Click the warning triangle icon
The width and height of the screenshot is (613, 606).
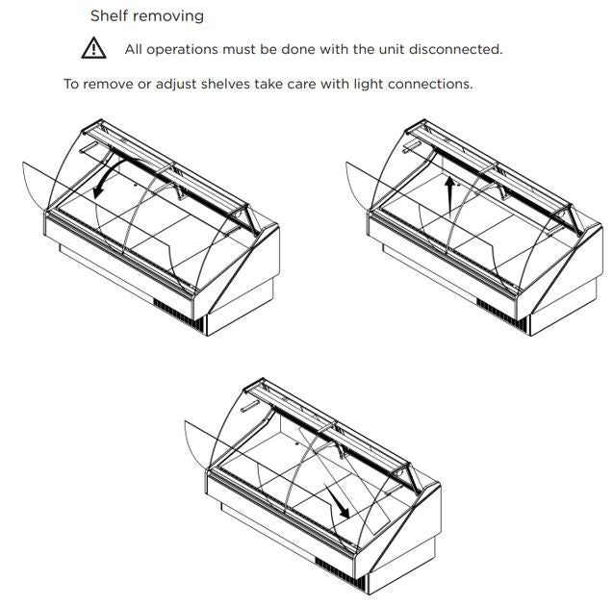point(93,48)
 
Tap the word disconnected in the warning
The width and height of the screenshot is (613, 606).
point(456,49)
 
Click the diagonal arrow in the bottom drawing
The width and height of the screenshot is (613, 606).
point(337,502)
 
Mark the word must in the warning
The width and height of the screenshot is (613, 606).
point(238,50)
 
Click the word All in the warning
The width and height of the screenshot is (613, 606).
point(134,49)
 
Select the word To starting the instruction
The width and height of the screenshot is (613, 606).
point(71,84)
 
